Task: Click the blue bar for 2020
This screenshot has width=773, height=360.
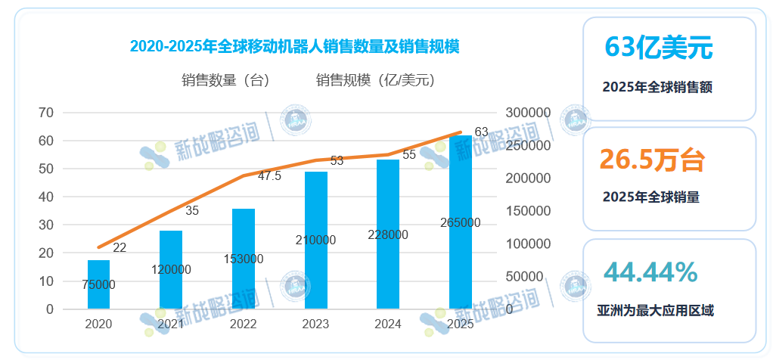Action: coord(98,284)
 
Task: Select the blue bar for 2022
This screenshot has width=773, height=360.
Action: coord(244,259)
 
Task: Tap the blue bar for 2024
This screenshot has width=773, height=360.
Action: coord(388,234)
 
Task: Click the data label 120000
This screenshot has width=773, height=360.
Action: coord(172,270)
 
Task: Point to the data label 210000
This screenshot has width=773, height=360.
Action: coord(316,241)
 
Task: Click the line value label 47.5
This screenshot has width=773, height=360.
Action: coord(270,176)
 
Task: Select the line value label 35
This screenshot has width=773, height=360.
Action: coord(192,211)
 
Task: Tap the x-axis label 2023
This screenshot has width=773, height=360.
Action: coord(315,324)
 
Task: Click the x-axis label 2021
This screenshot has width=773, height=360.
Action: coord(171,324)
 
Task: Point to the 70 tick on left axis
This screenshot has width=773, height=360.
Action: coord(46,113)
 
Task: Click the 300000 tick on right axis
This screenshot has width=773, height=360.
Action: coord(528,113)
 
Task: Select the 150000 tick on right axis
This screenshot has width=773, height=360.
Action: coord(528,211)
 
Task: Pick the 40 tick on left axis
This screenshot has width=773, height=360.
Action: coord(46,197)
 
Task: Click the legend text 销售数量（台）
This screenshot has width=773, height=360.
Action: coord(227,80)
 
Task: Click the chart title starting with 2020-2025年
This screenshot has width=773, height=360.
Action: coord(295,46)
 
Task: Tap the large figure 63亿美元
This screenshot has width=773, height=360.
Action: coord(659,48)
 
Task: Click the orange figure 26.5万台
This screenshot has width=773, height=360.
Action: coord(653,160)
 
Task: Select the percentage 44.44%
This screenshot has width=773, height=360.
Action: coord(650,272)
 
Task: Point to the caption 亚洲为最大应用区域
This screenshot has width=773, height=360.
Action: coord(656,311)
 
